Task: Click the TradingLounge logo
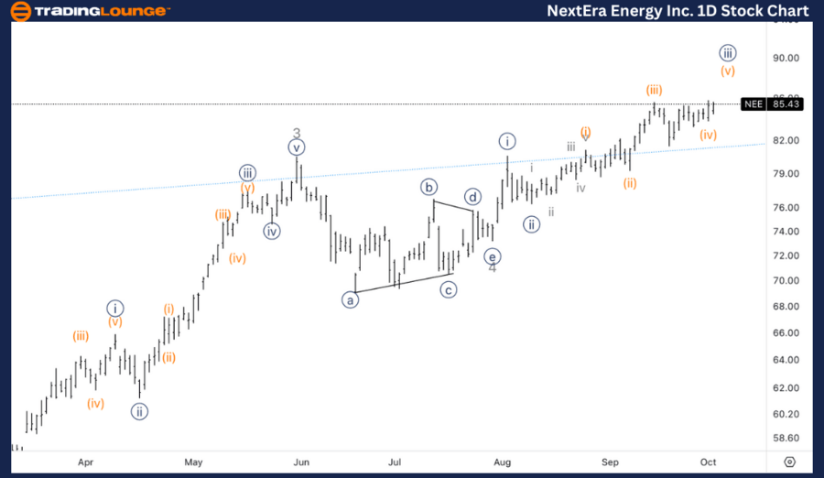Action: pyautogui.click(x=89, y=11)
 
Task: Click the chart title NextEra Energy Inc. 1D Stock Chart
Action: pyautogui.click(x=678, y=11)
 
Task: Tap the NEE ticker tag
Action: pyautogui.click(x=754, y=104)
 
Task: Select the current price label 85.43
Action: pyautogui.click(x=786, y=104)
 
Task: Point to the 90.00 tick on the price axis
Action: pyautogui.click(x=786, y=58)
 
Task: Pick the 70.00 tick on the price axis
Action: pyautogui.click(x=786, y=280)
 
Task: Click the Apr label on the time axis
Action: pyautogui.click(x=86, y=462)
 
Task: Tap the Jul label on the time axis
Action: pyautogui.click(x=395, y=462)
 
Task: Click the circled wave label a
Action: pyautogui.click(x=350, y=299)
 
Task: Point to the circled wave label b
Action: pyautogui.click(x=429, y=187)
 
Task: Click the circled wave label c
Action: pyautogui.click(x=449, y=289)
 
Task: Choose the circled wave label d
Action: pyautogui.click(x=472, y=197)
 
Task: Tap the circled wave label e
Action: pyautogui.click(x=492, y=256)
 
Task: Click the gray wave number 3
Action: pyautogui.click(x=297, y=134)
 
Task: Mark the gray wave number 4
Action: pyautogui.click(x=492, y=268)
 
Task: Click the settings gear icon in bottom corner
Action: pyautogui.click(x=790, y=462)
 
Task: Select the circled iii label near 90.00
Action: pyautogui.click(x=728, y=52)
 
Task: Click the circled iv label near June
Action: pyautogui.click(x=272, y=231)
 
